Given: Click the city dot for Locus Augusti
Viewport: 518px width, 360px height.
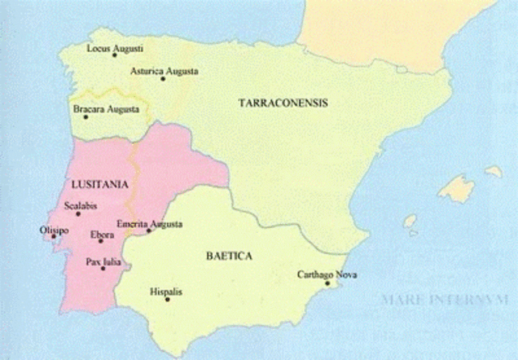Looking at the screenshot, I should coord(114,55).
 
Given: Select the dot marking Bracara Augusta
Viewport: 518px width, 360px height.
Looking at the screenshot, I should coord(85,117).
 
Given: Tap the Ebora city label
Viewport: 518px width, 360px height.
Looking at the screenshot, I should coord(101,234).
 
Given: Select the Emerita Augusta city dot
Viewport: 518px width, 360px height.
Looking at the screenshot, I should coord(149,231).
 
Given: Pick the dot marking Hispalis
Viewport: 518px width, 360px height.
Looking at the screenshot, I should coord(168,300).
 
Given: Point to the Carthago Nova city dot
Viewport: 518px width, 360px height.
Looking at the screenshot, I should coord(327,283).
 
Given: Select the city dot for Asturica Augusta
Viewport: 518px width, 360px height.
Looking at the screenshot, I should coord(163,78).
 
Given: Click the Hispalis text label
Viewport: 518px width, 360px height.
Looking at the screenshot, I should coord(167,290).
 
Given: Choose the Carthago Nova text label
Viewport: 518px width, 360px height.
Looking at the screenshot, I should coord(327,273).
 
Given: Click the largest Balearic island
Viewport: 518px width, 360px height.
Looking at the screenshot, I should coord(458,189).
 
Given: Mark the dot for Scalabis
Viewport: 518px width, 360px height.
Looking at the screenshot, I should coord(79,214).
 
